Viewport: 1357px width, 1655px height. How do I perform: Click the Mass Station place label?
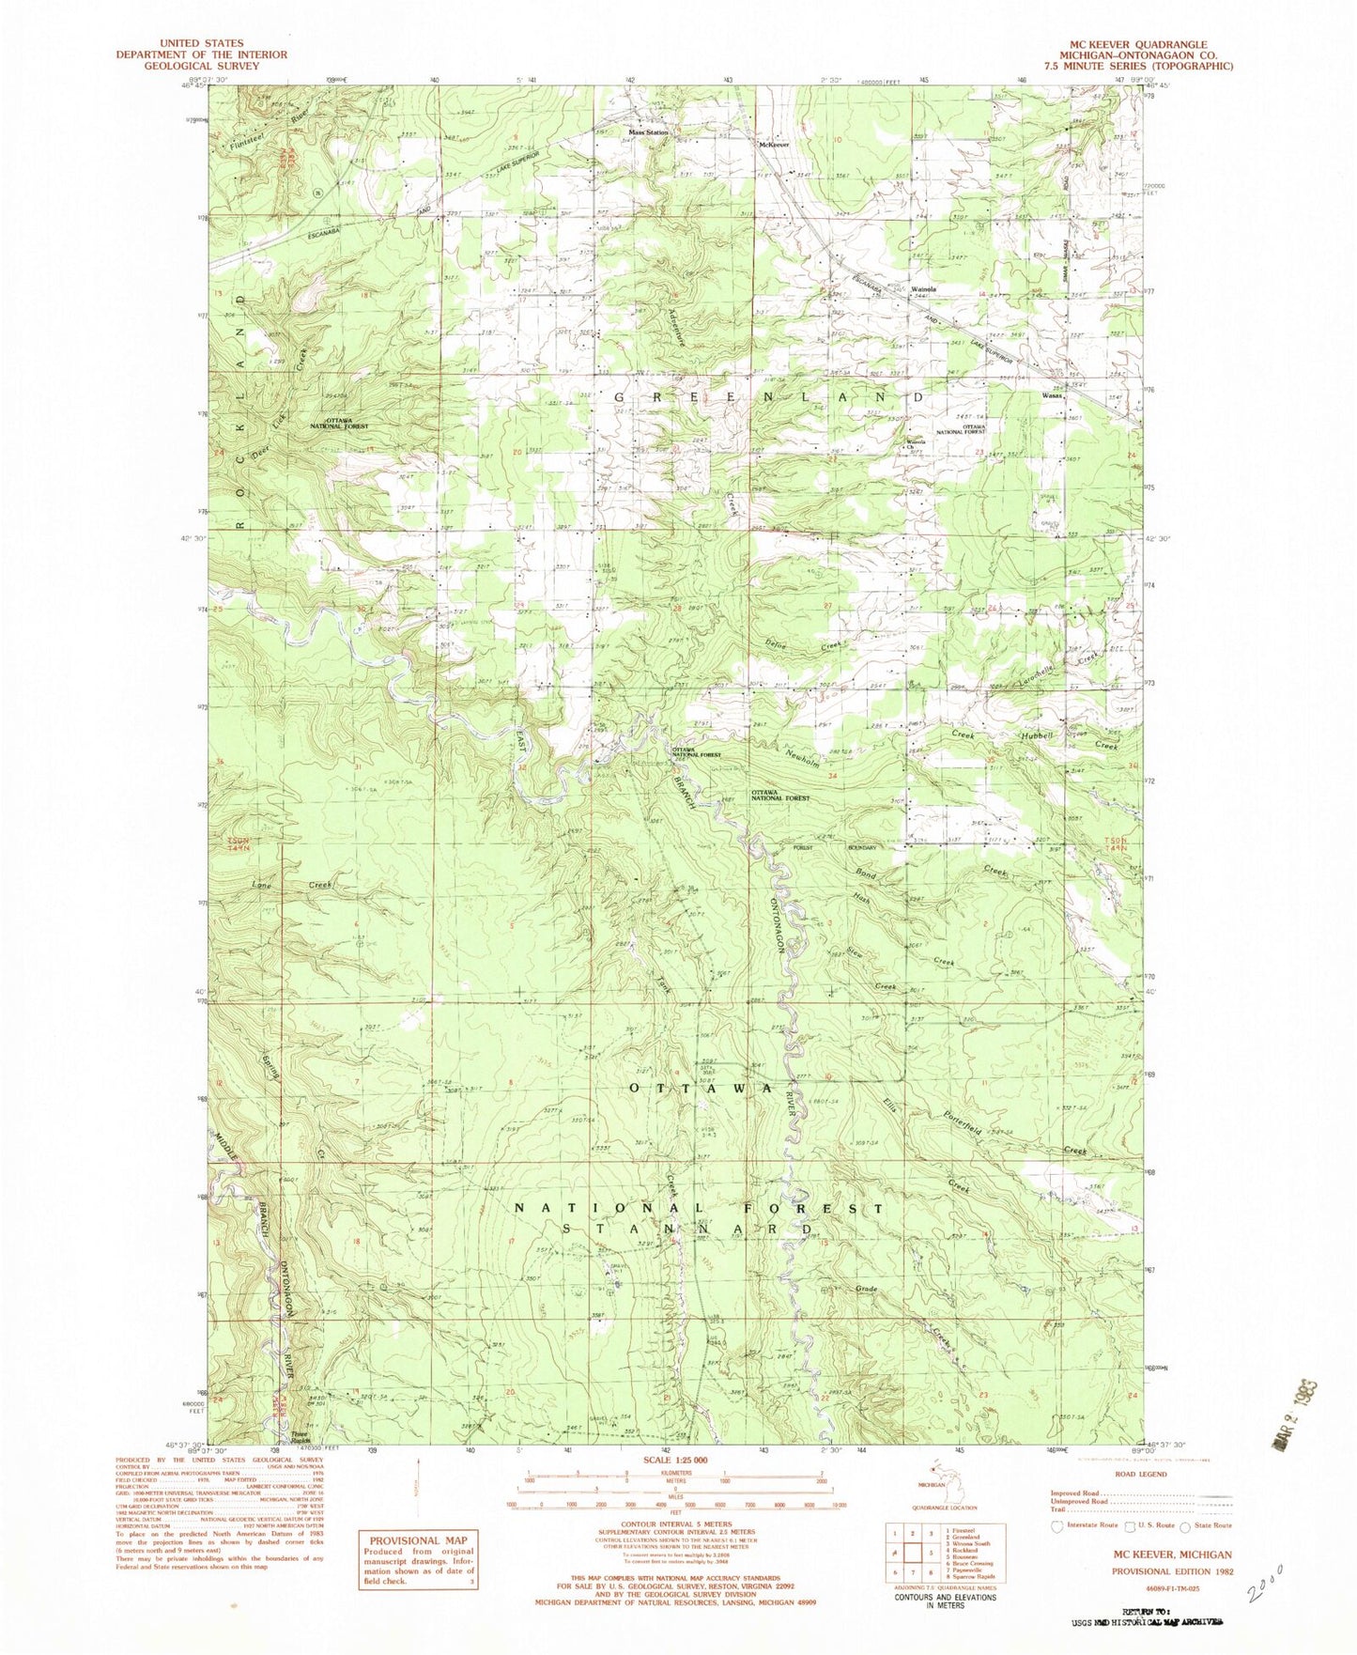point(648,133)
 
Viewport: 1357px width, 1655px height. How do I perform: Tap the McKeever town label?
point(774,145)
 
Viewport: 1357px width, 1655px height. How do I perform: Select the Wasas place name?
point(1051,395)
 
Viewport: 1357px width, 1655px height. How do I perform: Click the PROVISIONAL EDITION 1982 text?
point(1172,1570)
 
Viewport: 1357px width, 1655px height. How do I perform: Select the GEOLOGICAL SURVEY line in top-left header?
point(201,67)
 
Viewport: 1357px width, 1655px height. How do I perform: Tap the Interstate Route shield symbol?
point(1056,1526)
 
